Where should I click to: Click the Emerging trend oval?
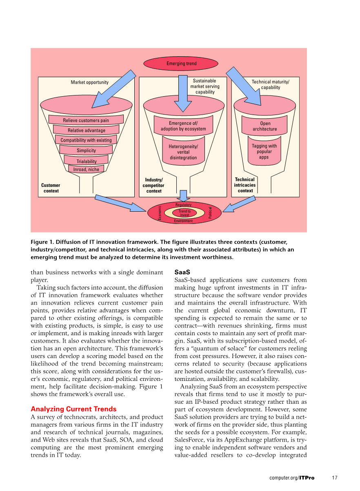click(x=181, y=64)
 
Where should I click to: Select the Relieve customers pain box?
click(x=86, y=120)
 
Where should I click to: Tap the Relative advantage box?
click(x=86, y=130)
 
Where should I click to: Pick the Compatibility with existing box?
click(x=86, y=140)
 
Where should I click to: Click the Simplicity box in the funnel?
click(x=86, y=150)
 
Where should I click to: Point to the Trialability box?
click(x=87, y=161)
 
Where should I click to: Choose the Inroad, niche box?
click(x=86, y=169)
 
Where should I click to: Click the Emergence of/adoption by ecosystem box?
click(x=183, y=126)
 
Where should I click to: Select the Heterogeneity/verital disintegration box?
click(x=183, y=152)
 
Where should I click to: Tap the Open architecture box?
click(x=265, y=126)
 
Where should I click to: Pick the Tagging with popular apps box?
click(x=264, y=151)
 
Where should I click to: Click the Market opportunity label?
click(x=89, y=82)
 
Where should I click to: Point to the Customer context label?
click(x=51, y=188)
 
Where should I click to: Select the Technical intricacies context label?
click(x=245, y=185)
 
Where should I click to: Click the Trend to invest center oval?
click(x=184, y=213)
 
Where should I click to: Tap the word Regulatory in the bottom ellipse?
click(x=183, y=205)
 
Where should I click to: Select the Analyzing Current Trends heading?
click(x=73, y=409)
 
